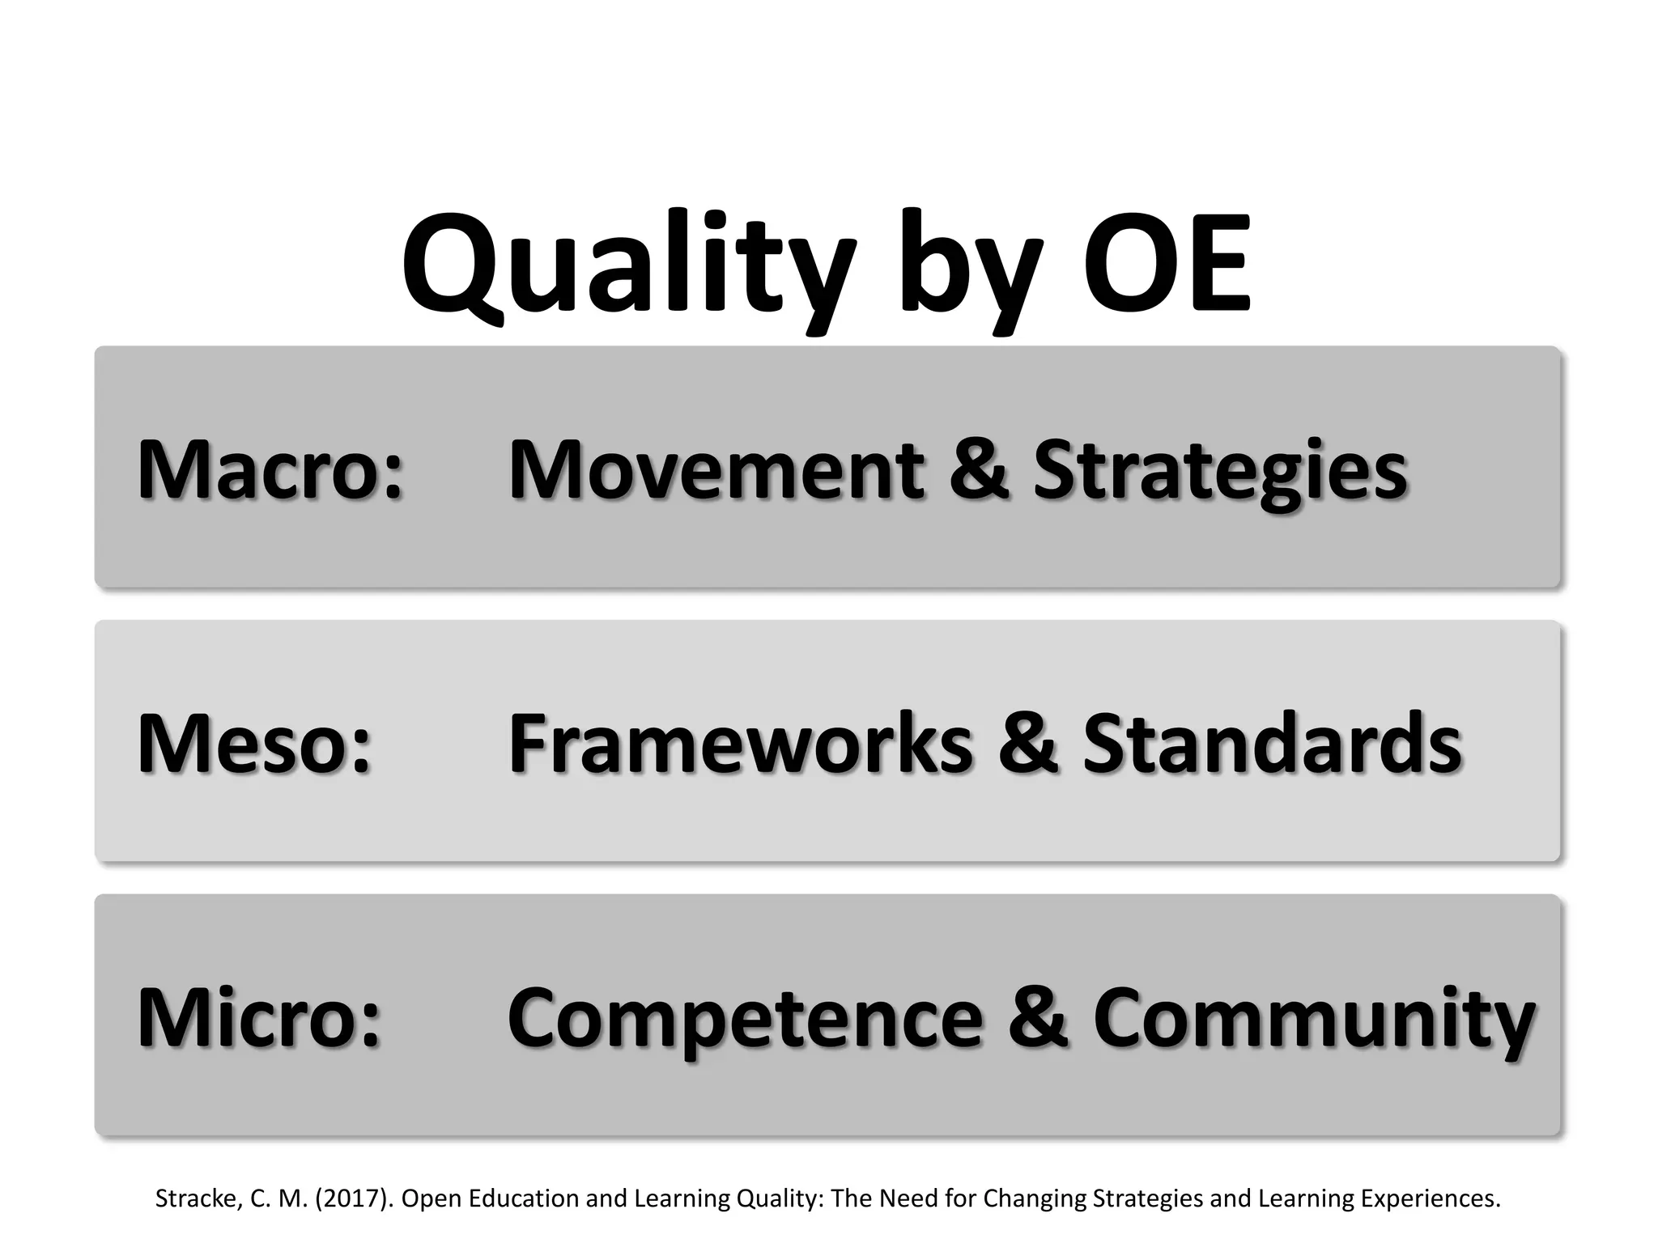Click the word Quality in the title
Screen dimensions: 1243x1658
click(627, 263)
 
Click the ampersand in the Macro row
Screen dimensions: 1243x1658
click(979, 469)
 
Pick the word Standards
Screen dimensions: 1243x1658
click(1272, 743)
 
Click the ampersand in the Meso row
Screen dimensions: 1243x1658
click(1027, 743)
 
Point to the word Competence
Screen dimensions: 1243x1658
click(745, 1018)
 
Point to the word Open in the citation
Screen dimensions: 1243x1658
click(427, 1198)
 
